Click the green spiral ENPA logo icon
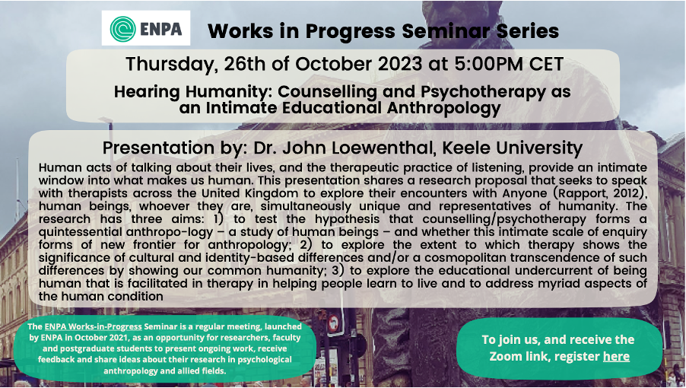[x=123, y=29]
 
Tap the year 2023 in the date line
[x=397, y=64]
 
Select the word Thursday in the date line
[x=169, y=65]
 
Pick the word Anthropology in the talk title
[x=443, y=109]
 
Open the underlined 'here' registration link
[x=616, y=357]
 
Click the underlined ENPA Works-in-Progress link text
[x=94, y=326]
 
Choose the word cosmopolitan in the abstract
[x=475, y=258]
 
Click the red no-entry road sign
[x=333, y=324]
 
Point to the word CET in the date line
[x=546, y=64]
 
